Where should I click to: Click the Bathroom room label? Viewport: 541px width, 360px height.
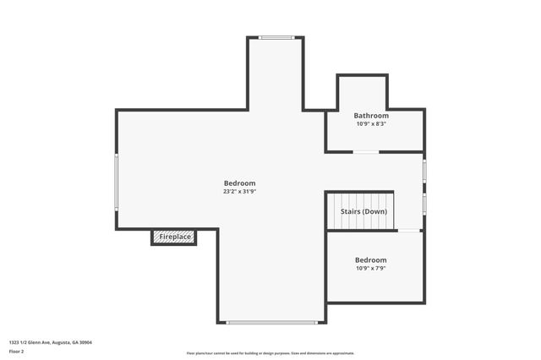click(x=371, y=116)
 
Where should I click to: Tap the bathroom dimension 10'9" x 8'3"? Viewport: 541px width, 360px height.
click(x=371, y=124)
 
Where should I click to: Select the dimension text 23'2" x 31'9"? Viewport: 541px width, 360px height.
click(x=239, y=192)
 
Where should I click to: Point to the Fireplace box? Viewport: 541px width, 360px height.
click(x=174, y=237)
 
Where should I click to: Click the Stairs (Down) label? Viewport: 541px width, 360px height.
click(x=363, y=211)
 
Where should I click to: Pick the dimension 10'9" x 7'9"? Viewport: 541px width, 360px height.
click(x=371, y=269)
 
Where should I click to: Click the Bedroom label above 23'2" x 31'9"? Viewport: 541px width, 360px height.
click(x=239, y=183)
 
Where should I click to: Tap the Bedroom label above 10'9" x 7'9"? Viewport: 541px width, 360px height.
click(x=371, y=260)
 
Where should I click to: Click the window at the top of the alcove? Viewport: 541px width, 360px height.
click(x=276, y=37)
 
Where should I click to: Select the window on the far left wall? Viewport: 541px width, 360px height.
click(x=117, y=182)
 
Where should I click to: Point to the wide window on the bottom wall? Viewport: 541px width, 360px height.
click(x=272, y=322)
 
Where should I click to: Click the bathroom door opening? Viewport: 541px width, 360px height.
click(x=366, y=152)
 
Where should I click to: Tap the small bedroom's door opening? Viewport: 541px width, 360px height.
click(x=409, y=230)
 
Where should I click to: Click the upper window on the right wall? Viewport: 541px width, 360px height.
click(x=424, y=170)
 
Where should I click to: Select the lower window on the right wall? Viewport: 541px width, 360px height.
click(x=424, y=204)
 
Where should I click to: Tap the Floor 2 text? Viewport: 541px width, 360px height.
click(x=17, y=351)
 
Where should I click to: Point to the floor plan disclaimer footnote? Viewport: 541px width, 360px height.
click(x=270, y=353)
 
